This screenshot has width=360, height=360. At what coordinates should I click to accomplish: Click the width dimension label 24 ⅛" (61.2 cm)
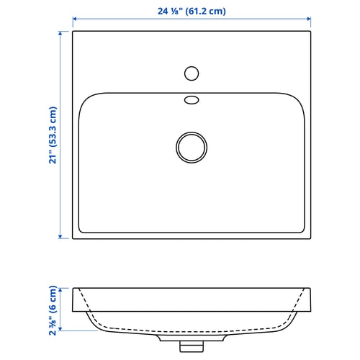point(192,12)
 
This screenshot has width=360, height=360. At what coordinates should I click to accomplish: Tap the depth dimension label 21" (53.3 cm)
point(53,135)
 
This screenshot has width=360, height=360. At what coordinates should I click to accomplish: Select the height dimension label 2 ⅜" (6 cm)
point(53,310)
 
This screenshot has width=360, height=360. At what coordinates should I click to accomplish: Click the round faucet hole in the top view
point(192,73)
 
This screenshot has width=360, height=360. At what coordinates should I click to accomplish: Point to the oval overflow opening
point(192,100)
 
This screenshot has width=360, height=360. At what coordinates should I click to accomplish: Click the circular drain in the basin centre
point(192,148)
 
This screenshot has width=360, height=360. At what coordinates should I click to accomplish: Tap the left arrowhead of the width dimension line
point(74,19)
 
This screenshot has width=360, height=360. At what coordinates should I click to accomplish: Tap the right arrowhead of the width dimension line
point(309,19)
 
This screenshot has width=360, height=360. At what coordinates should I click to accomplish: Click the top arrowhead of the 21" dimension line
point(60,33)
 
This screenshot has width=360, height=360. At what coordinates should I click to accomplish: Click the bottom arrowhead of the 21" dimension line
point(60,237)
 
